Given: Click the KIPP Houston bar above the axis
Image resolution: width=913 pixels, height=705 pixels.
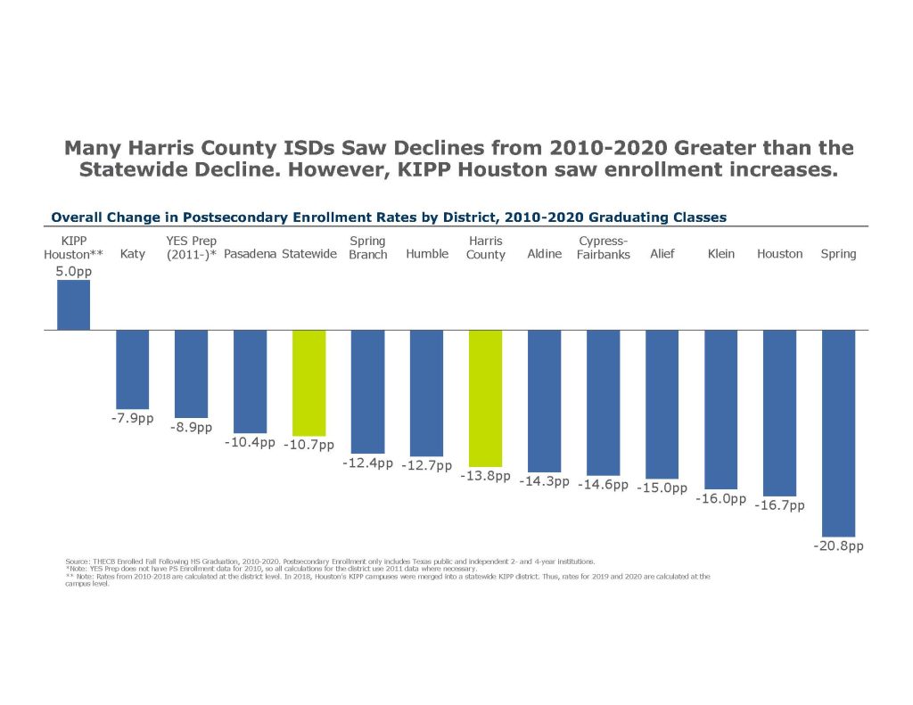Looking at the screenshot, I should click(73, 306).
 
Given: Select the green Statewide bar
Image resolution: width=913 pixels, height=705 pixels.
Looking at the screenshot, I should click(308, 382).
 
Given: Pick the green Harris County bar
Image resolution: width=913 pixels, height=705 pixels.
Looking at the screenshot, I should click(485, 398).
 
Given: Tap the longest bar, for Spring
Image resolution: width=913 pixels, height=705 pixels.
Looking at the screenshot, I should click(838, 433).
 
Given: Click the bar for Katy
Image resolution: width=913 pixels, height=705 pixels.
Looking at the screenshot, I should click(132, 369).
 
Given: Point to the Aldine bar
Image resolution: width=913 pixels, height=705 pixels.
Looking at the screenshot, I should click(544, 401).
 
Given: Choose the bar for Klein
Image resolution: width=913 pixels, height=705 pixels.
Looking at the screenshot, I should click(720, 409).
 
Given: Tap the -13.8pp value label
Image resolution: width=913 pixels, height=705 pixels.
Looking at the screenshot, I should click(485, 476).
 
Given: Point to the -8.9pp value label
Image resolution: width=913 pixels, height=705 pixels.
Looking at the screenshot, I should click(191, 427).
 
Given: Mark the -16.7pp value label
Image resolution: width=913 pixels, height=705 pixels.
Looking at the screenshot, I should click(779, 505).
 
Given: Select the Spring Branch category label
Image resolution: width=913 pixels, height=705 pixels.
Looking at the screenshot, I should click(367, 248).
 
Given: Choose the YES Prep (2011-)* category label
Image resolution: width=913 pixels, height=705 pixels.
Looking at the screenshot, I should click(191, 248).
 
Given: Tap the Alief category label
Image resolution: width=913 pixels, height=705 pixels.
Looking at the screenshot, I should click(662, 254).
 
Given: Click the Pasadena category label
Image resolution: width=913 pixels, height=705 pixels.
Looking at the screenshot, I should click(250, 254).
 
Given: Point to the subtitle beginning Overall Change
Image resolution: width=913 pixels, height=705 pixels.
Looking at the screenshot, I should click(389, 217).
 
